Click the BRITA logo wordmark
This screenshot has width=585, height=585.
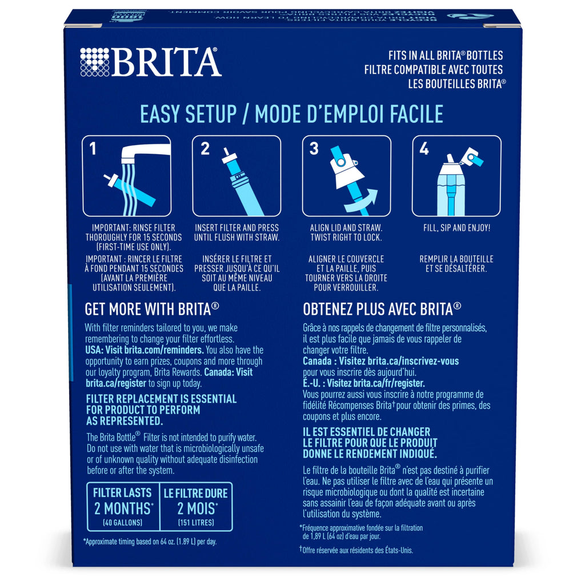coord(166,61)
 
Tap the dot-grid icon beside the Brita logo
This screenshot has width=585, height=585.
coord(94,61)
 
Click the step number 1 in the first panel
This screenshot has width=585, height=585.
coord(93,150)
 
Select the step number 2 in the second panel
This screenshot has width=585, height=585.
coord(205,150)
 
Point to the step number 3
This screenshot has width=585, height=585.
coord(314,150)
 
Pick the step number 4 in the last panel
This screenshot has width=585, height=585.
coord(423,150)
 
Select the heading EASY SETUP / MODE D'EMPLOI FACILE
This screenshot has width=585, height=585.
coord(292,114)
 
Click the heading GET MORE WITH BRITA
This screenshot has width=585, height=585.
coord(152,309)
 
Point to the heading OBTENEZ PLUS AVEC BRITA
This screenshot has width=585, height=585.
coord(382,309)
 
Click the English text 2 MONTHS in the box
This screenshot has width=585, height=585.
coord(122,509)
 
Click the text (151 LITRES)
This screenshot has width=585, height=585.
coord(196,523)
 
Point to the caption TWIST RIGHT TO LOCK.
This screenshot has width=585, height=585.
coord(346,237)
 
